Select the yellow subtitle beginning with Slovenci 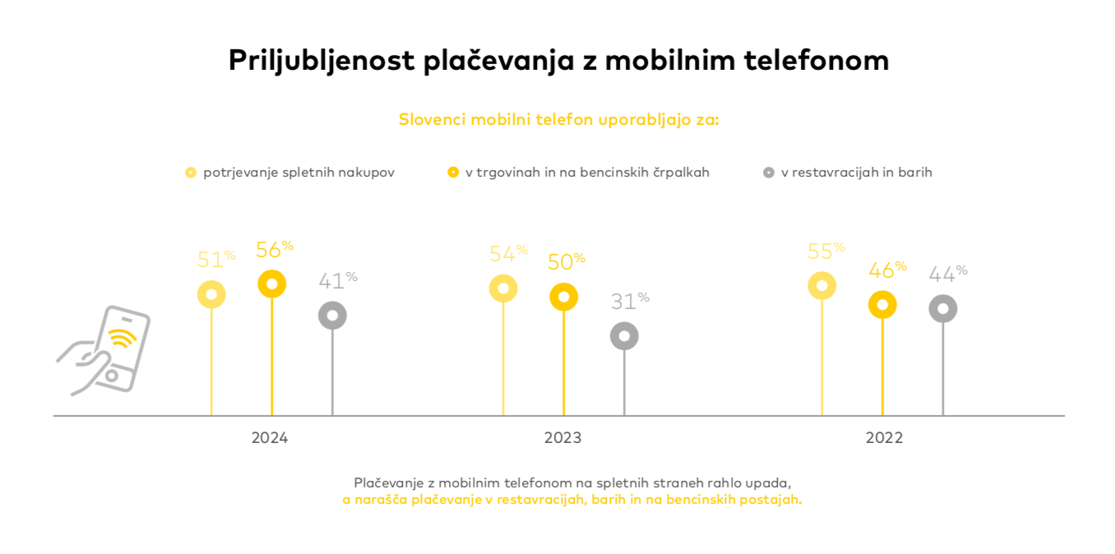coord(558,119)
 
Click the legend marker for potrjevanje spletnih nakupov coord(191,173)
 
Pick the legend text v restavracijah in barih coord(856,173)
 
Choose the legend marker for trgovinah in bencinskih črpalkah coord(453,173)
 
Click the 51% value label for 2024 coord(215,260)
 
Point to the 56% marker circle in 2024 coord(272,284)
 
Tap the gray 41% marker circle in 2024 coord(332,315)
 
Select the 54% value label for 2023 coord(507,254)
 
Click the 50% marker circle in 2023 coord(563,297)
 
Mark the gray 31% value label coord(629,302)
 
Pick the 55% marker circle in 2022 coord(821,285)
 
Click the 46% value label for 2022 coord(886,270)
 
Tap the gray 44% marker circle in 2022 coord(943,309)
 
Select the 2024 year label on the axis coord(270,438)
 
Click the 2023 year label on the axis coord(562,438)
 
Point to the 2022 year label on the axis coord(884,438)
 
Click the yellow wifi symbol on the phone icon coord(123,338)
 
